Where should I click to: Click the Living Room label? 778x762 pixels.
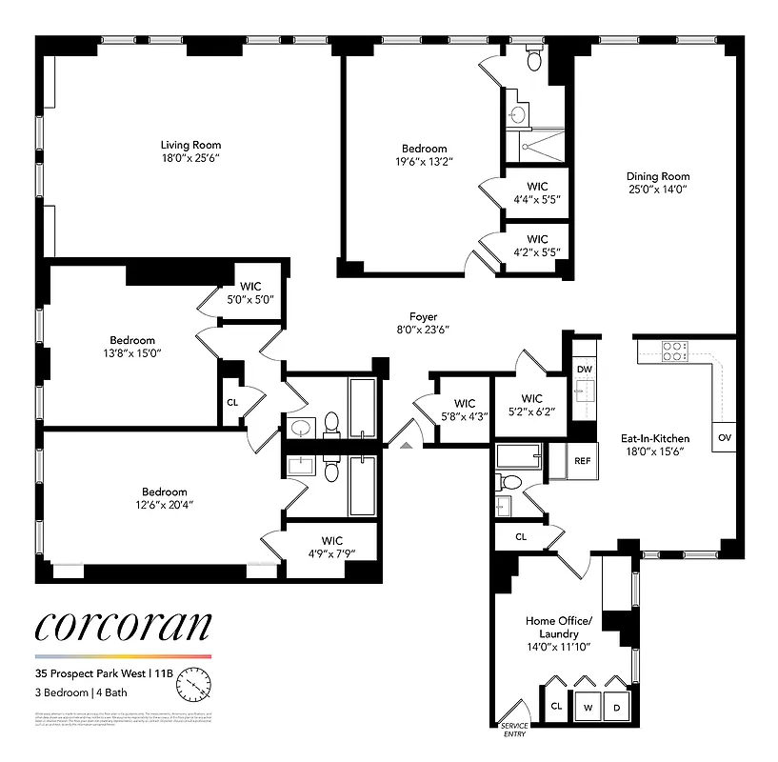point(190,146)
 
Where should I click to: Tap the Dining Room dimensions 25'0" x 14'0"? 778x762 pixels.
point(657,190)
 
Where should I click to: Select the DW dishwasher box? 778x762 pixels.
point(584,370)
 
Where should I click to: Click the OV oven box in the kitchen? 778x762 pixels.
point(724,437)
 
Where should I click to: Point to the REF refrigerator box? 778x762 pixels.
point(582,460)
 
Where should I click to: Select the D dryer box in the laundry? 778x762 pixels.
point(617,708)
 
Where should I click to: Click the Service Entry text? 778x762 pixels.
point(514,729)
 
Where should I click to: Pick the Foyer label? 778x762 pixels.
point(423,317)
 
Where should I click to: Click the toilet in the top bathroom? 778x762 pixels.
point(534,61)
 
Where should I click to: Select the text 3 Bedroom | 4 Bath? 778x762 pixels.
point(80,692)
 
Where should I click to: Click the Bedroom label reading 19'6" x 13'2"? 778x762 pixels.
point(424,155)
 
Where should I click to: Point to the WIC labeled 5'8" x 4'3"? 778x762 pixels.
point(465,410)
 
